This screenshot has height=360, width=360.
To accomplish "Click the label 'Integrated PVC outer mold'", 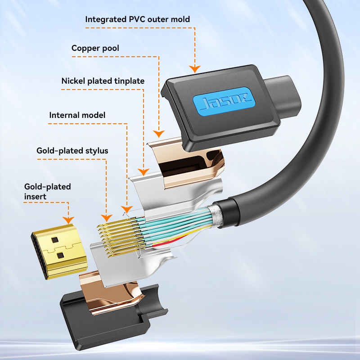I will point(138,19).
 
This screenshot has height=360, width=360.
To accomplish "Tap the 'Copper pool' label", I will point(95,48).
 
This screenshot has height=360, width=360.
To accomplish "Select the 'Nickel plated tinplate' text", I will point(103,81).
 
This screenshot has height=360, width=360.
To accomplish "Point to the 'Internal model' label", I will point(77,115).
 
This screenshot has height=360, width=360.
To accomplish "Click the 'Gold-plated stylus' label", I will point(72,151).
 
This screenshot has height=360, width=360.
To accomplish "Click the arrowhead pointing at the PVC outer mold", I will point(194,69).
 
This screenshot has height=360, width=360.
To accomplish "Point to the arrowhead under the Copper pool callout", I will point(158,134).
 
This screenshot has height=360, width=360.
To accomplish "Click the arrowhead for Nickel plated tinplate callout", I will point(144,172).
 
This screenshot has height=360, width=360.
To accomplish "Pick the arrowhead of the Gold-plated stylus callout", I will point(107,218).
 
